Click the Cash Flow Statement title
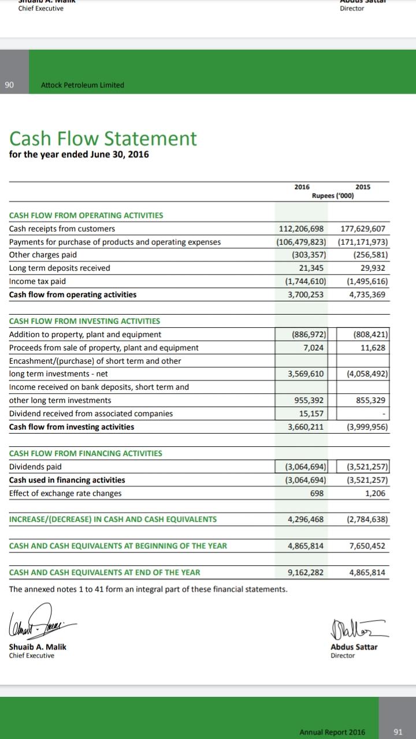[x=103, y=139]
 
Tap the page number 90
[x=9, y=85]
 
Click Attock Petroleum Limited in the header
[x=83, y=85]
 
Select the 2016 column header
[x=302, y=187]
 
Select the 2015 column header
[x=363, y=187]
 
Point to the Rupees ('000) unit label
[x=333, y=196]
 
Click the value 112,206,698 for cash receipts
[x=302, y=229]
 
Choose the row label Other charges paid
[x=43, y=255]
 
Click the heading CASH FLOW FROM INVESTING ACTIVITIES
[x=85, y=321]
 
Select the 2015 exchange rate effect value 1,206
[x=376, y=493]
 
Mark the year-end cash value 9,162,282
[x=306, y=572]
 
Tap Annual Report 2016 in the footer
[x=332, y=732]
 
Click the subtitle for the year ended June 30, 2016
[x=79, y=154]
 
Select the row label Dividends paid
[x=35, y=466]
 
